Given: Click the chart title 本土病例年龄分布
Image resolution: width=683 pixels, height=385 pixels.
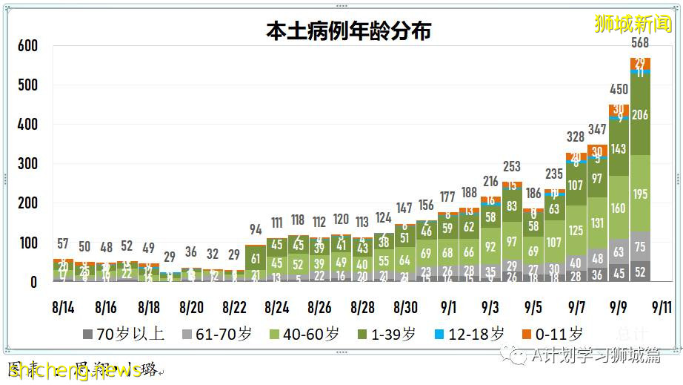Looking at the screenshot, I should point(348,31).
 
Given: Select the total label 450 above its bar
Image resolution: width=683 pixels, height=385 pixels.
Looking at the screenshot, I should point(619,90).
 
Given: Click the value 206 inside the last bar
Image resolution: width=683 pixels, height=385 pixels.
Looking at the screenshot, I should point(640,115).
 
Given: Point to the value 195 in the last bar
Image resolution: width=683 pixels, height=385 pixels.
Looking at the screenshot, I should point(640,194).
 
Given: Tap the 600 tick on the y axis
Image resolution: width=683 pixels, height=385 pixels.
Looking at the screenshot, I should point(27,46).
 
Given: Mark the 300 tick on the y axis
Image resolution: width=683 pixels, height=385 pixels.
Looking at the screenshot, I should point(27,164).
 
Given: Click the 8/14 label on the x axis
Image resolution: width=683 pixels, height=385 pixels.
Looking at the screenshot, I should point(63,306).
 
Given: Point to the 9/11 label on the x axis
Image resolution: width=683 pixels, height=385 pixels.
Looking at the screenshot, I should point(662,306).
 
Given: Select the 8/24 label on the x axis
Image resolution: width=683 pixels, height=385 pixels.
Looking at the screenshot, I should point(277,306).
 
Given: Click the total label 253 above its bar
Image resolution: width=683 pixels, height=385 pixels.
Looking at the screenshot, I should point(512,166).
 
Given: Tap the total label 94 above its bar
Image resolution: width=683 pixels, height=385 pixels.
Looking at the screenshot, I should point(256,229).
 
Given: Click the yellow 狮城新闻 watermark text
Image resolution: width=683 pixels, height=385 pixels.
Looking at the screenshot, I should point(634,23).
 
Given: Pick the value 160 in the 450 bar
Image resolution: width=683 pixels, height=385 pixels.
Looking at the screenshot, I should point(619,208).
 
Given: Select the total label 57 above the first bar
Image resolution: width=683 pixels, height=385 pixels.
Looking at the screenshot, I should point(63,244).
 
